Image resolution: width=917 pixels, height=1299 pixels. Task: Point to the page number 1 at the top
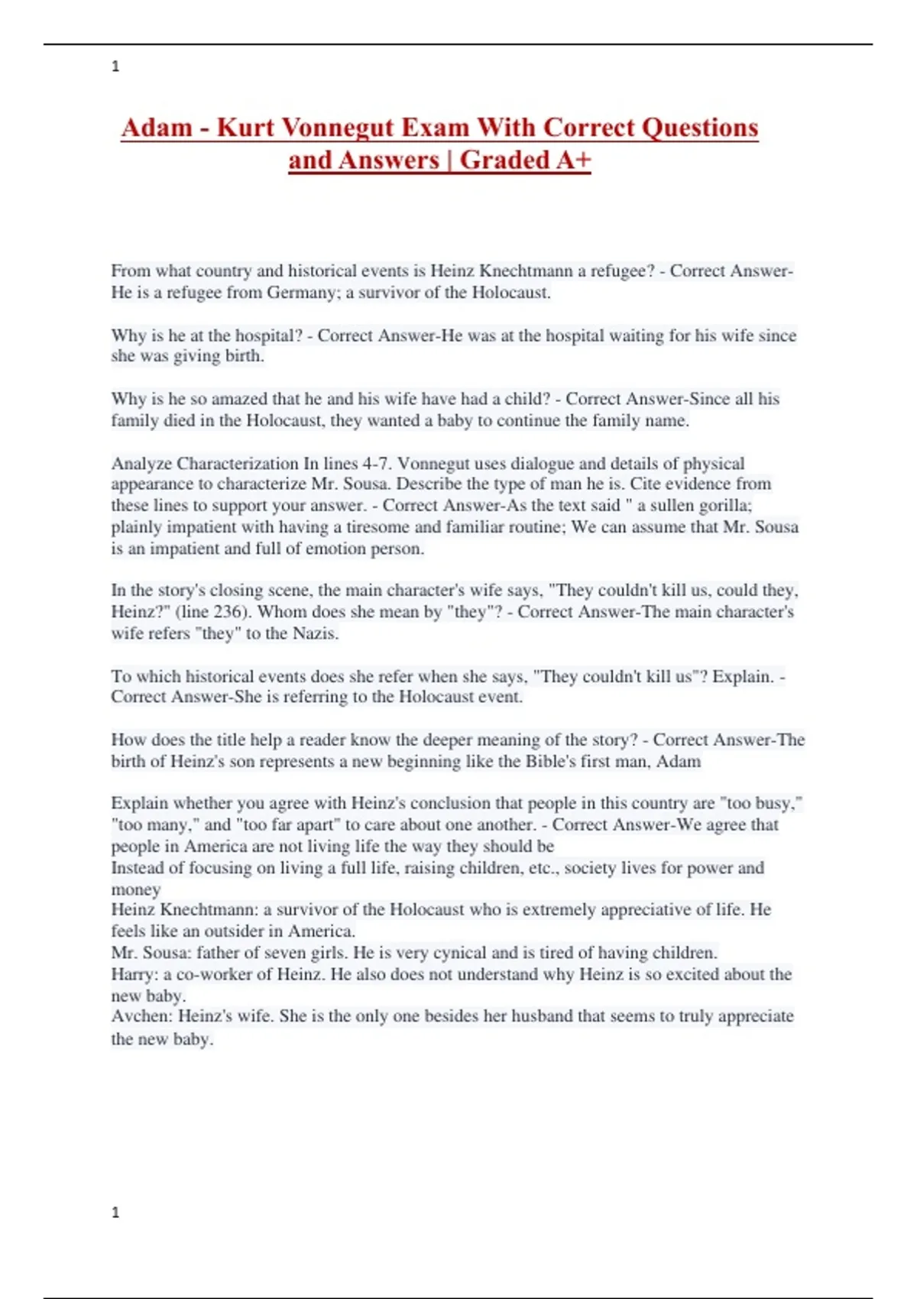115,66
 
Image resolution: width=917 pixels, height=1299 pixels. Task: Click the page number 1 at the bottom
115,1213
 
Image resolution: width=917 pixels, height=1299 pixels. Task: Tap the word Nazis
314,633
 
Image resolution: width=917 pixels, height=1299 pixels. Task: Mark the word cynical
460,953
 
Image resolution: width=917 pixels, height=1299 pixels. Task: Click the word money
136,889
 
